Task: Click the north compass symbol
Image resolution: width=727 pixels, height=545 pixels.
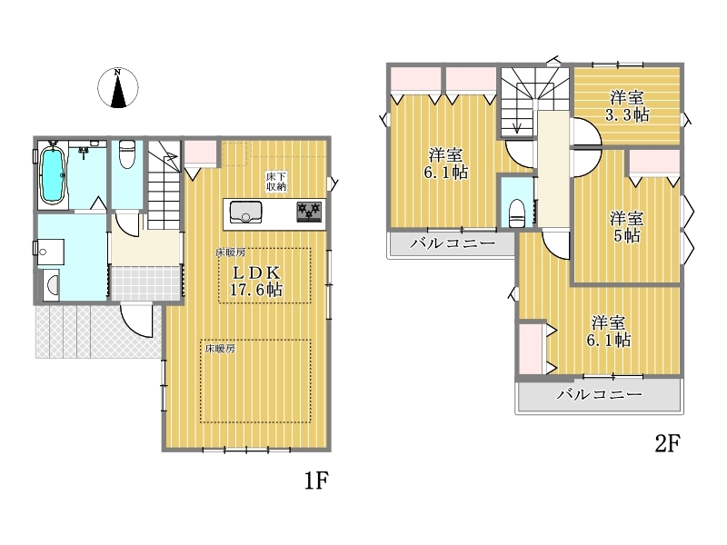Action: tap(118, 87)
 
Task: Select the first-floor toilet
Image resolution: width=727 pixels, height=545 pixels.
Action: tap(126, 154)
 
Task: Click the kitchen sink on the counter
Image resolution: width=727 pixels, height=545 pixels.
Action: tap(245, 213)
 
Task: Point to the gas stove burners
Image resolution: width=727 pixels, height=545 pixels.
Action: tap(309, 212)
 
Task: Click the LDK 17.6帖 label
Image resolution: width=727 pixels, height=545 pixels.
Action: tap(256, 281)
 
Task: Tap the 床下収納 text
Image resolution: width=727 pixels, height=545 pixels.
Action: tap(276, 181)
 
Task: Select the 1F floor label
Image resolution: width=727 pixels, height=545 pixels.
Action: tap(316, 481)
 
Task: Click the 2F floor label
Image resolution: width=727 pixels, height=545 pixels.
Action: tap(667, 443)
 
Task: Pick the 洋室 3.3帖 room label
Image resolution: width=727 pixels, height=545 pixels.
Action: tap(627, 106)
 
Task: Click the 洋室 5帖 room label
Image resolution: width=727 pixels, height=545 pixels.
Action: tap(626, 226)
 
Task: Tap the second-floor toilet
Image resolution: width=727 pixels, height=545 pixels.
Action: tap(517, 213)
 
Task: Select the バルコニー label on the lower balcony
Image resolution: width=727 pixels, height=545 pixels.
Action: tap(599, 394)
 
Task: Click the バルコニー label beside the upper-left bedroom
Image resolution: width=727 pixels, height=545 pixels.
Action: tap(453, 243)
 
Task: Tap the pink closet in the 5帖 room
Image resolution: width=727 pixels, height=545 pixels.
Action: tap(654, 162)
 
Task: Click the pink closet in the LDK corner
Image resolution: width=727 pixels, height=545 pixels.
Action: tap(200, 152)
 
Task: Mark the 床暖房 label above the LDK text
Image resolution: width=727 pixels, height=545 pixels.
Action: tap(231, 253)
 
